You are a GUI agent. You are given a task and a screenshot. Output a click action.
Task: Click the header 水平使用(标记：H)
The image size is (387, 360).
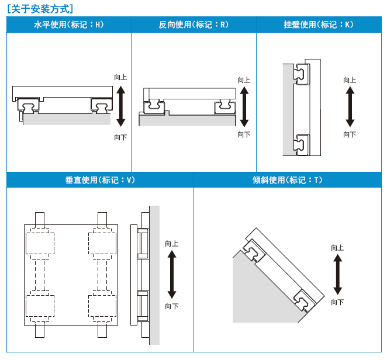click(69, 25)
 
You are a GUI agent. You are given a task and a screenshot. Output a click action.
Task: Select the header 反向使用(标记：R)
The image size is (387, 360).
click(193, 25)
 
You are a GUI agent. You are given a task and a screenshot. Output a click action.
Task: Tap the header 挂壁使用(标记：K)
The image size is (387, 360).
click(319, 25)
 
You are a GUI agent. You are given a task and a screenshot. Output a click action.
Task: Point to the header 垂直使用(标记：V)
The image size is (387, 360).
click(100, 180)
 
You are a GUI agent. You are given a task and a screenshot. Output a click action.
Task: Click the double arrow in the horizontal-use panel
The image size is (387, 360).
click(120, 106)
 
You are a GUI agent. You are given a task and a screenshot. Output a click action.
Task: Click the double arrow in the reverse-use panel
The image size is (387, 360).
click(243, 106)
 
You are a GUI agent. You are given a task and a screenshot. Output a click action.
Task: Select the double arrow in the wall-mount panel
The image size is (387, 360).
click(350, 106)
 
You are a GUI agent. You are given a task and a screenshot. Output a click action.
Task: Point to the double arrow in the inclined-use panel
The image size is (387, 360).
click(337, 275)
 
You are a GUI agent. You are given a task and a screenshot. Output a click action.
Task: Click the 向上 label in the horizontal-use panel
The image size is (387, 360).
click(120, 77)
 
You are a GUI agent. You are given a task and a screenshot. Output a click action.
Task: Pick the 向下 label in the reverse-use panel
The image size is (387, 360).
click(244, 135)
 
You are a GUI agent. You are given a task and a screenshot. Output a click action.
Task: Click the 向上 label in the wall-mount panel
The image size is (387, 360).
click(350, 80)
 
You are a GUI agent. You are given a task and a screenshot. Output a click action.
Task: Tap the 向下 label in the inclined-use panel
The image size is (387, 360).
click(337, 302)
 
